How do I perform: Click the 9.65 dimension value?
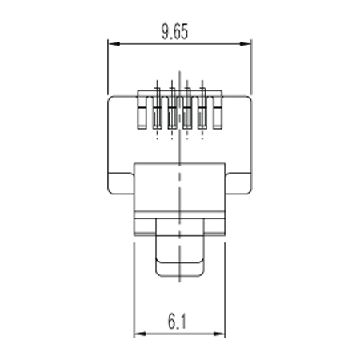click(x=174, y=32)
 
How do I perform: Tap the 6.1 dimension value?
click(x=177, y=322)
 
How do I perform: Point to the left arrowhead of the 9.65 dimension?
click(x=114, y=44)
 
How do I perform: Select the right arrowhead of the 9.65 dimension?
click(x=245, y=44)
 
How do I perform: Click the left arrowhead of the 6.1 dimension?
click(x=140, y=334)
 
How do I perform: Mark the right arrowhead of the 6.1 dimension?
click(x=219, y=334)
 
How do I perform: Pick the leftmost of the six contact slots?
click(x=142, y=113)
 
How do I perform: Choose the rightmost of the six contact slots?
click(x=218, y=113)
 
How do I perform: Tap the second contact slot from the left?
click(x=157, y=113)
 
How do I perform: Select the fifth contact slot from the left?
click(x=202, y=113)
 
